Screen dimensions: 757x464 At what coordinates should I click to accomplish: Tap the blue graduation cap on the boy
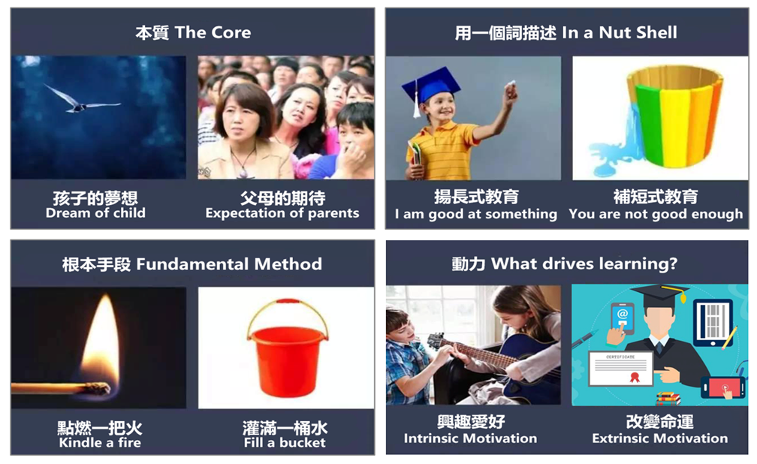tap(430, 87)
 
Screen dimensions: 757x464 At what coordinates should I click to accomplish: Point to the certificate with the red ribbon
tap(621, 369)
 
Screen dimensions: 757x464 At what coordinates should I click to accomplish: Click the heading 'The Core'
tap(213, 32)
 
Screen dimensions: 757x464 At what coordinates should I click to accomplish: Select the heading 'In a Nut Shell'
tap(620, 32)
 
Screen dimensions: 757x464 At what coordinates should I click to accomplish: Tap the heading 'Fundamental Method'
tap(229, 264)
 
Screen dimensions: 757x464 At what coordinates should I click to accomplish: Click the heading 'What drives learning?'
tap(584, 264)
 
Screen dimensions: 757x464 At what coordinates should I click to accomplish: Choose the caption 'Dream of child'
tap(95, 213)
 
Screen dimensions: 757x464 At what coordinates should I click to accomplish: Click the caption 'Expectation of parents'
tap(282, 213)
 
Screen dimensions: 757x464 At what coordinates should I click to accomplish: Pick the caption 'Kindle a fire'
tap(100, 442)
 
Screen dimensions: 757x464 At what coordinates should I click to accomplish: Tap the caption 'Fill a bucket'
tap(285, 442)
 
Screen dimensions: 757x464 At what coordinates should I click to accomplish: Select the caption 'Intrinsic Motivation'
tap(470, 438)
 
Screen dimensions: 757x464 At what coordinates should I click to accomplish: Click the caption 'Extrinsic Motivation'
tap(660, 438)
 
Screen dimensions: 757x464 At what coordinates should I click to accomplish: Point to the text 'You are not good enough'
tap(656, 214)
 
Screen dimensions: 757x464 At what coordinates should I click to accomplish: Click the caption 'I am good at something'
tap(476, 214)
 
